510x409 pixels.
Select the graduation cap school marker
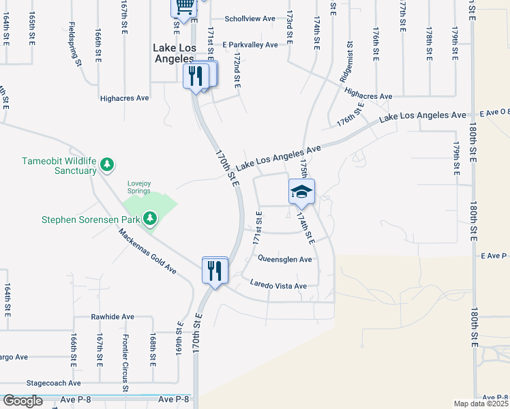click(301, 192)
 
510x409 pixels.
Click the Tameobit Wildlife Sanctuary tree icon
click(106, 164)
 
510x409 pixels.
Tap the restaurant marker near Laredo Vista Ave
click(214, 271)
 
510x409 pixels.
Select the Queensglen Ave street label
click(285, 259)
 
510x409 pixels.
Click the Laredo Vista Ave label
click(278, 285)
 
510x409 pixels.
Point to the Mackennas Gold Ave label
click(147, 252)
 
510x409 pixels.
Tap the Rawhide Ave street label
click(113, 317)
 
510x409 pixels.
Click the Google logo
click(22, 400)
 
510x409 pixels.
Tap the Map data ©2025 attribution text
click(481, 404)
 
